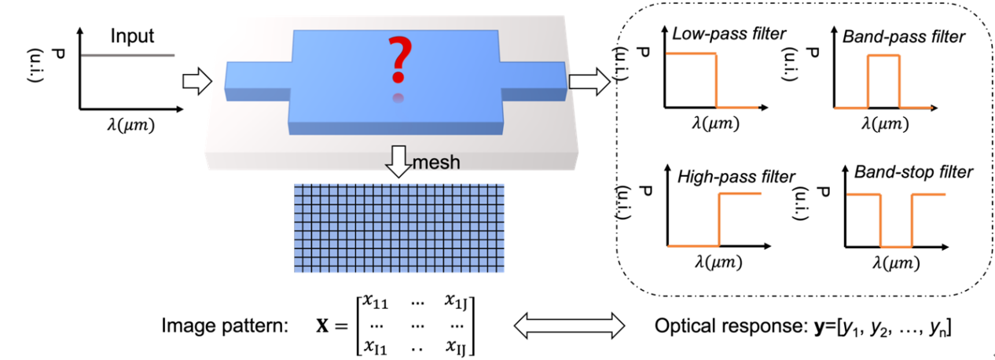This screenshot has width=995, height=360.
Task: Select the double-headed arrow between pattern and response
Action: (x=567, y=323)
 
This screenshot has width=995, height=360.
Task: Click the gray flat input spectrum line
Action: (x=127, y=55)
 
